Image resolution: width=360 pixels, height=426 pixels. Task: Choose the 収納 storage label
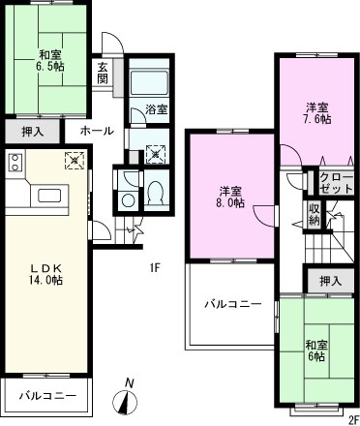(315, 214)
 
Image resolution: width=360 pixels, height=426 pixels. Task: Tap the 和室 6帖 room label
(316, 350)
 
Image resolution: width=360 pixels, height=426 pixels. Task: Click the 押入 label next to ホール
(32, 130)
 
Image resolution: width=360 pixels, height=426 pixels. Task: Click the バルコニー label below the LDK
(41, 396)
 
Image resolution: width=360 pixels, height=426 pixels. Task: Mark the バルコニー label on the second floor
(232, 304)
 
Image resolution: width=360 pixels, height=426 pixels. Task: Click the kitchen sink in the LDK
(48, 197)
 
